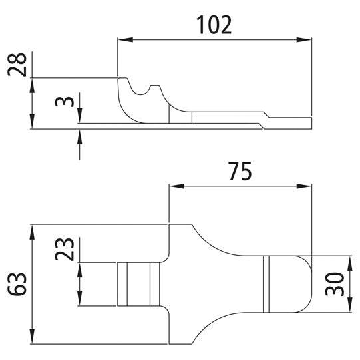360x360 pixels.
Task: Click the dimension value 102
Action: point(214,25)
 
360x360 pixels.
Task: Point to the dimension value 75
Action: point(240,172)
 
